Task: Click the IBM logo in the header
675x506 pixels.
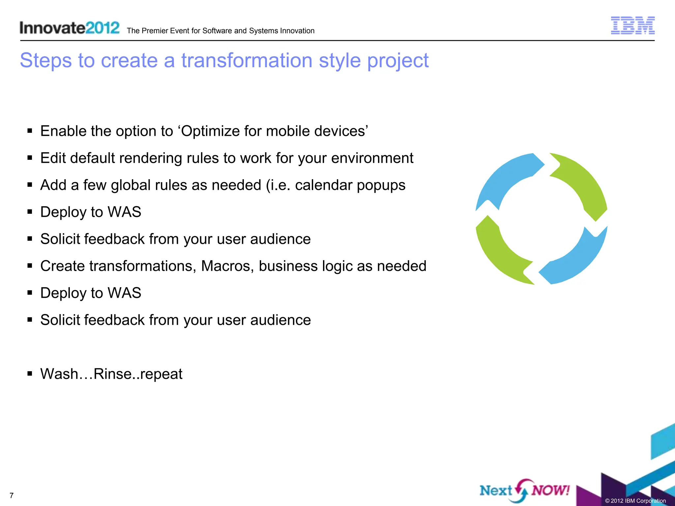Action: click(x=632, y=26)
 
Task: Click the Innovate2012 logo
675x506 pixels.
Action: click(x=69, y=28)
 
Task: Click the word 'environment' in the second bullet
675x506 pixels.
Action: click(x=372, y=158)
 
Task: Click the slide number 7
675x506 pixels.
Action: click(x=12, y=495)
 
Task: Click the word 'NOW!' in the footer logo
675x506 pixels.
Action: click(x=550, y=490)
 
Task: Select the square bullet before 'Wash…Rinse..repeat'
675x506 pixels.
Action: click(x=30, y=374)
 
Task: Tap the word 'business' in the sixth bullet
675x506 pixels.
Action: click(x=288, y=266)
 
